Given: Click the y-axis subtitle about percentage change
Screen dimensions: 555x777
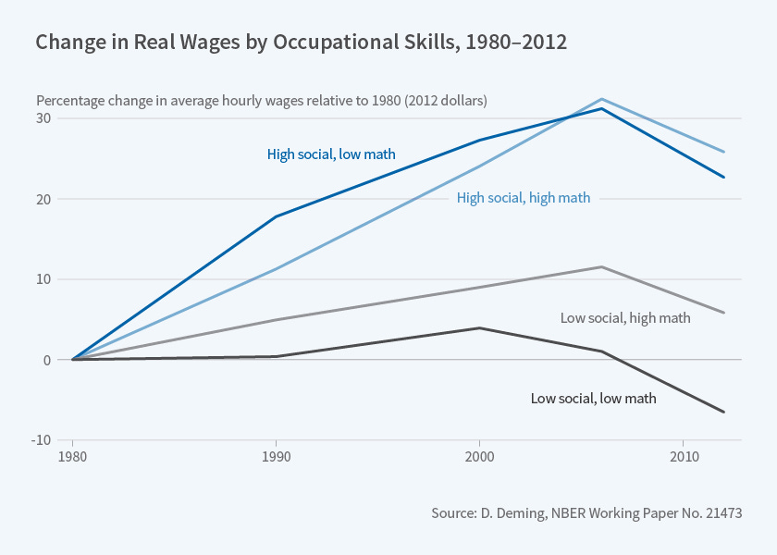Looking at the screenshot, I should (x=262, y=100).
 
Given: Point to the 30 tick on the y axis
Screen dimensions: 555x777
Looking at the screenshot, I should (x=43, y=118).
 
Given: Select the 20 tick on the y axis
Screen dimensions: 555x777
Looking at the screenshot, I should (x=43, y=199).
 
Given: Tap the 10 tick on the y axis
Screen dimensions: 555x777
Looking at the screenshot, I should (x=43, y=279).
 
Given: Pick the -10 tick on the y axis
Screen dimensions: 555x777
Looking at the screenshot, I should (x=41, y=440).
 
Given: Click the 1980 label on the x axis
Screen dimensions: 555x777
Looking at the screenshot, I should (x=72, y=457).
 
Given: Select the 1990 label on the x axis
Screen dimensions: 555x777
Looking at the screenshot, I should (x=276, y=457).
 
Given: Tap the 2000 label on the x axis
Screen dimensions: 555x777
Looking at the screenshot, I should (x=479, y=457).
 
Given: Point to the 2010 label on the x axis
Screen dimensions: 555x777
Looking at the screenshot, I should (x=683, y=457).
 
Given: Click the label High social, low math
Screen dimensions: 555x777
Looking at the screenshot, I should (x=331, y=154).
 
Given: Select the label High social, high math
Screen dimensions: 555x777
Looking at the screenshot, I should (x=524, y=197).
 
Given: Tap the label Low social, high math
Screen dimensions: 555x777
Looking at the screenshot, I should (x=625, y=317).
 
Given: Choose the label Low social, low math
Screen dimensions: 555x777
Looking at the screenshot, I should (x=593, y=399).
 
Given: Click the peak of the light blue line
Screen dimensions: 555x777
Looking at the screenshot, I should (x=602, y=99).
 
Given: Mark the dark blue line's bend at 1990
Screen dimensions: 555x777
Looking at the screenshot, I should (x=276, y=216).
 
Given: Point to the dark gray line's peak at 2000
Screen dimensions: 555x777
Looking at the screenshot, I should (x=479, y=327).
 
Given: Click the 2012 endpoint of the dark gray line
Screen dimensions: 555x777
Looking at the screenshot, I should (x=723, y=412).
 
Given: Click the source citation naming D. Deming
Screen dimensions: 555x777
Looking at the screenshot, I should (x=586, y=512).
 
